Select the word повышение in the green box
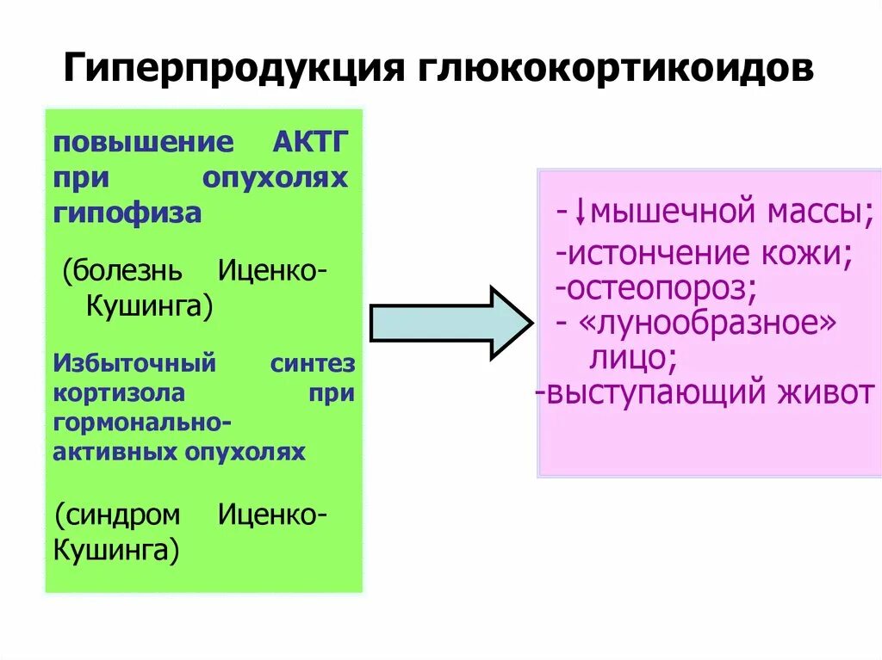point(143,142)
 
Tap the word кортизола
point(120,393)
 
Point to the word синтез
point(312,363)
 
